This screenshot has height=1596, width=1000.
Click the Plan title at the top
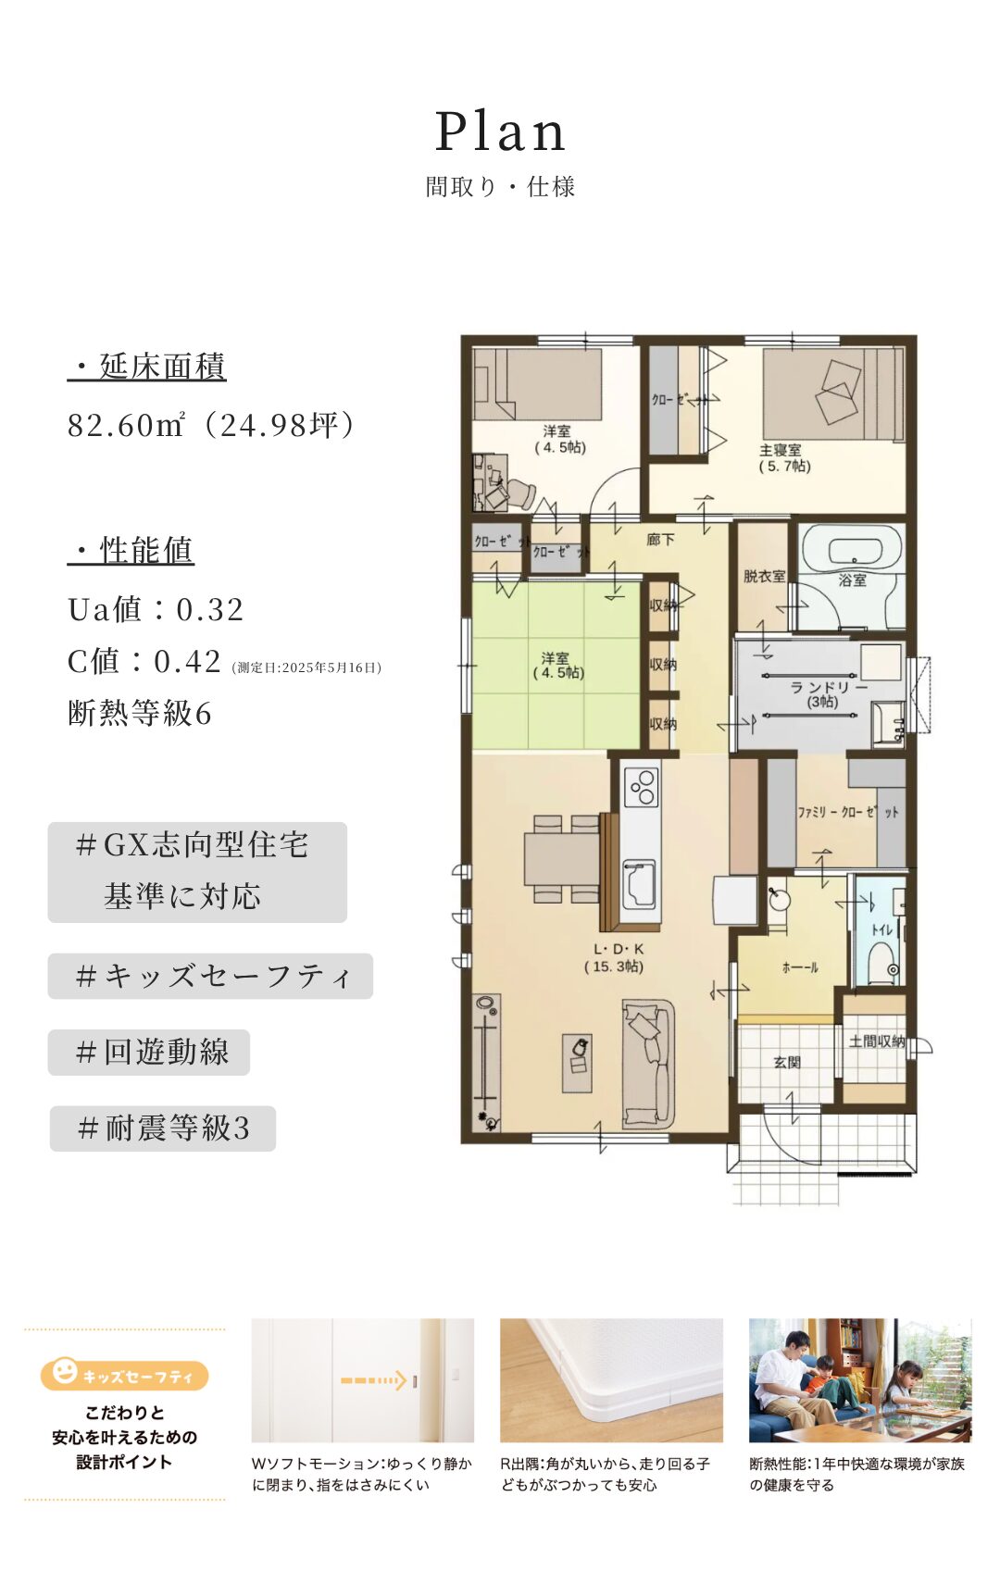click(x=500, y=131)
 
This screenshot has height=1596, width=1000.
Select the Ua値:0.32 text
click(x=156, y=609)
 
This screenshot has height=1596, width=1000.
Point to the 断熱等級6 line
click(x=140, y=713)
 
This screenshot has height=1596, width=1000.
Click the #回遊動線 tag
click(x=149, y=1052)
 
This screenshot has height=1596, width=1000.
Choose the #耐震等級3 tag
click(x=163, y=1128)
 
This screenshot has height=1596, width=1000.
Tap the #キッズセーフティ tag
click(x=210, y=976)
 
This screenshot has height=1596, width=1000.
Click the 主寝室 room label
click(x=781, y=450)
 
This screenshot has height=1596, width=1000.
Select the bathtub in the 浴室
click(x=852, y=552)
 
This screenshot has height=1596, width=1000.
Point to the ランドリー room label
click(x=829, y=688)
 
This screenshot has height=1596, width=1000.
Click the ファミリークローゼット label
click(x=847, y=812)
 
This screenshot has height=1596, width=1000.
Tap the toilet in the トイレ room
click(x=883, y=964)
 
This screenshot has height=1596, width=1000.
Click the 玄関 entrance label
click(x=787, y=1063)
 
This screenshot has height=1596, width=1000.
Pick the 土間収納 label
click(x=877, y=1041)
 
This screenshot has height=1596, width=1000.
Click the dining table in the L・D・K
click(x=562, y=859)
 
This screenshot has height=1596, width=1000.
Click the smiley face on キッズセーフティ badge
click(x=64, y=1371)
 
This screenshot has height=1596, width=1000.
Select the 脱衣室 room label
click(x=764, y=576)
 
